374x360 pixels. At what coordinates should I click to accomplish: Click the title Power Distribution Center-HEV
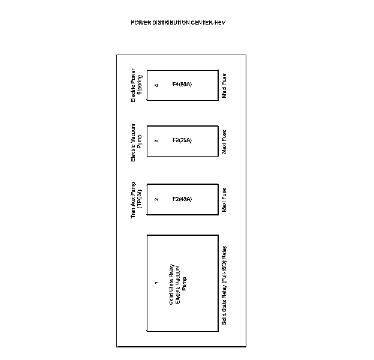(x=178, y=23)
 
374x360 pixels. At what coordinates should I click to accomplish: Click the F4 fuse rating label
(x=182, y=85)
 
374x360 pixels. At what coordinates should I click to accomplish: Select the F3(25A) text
(x=182, y=141)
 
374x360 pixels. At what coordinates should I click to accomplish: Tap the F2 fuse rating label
(x=182, y=199)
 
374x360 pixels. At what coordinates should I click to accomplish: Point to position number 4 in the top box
(x=156, y=85)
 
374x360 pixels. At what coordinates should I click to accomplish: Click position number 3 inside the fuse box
(x=156, y=141)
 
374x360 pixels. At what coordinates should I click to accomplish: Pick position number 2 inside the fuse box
(x=156, y=199)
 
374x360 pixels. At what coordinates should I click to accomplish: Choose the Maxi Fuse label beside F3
(x=224, y=142)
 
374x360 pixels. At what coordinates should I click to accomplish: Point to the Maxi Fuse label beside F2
(x=224, y=200)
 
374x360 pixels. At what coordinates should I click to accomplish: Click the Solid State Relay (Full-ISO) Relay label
(x=224, y=285)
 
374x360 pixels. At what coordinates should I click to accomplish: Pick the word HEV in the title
(x=219, y=23)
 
